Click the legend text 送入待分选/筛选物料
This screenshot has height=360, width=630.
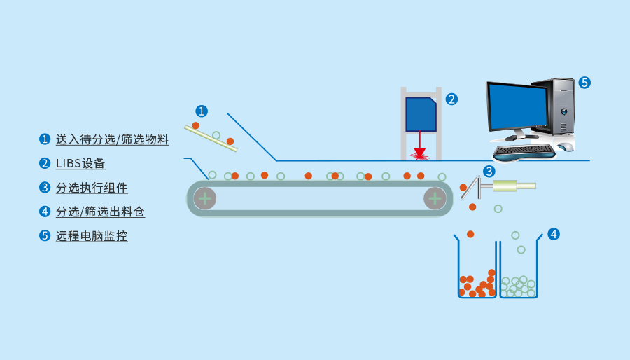click(x=112, y=139)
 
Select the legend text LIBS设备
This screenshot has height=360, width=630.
click(x=80, y=163)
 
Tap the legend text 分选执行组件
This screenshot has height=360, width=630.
click(x=92, y=188)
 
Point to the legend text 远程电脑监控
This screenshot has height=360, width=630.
click(x=92, y=236)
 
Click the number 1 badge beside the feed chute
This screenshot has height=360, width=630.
click(x=202, y=111)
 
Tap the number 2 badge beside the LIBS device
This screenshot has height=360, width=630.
click(x=451, y=99)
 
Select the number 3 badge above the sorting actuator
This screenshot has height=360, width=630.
click(x=489, y=171)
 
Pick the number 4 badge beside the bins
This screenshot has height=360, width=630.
click(x=554, y=234)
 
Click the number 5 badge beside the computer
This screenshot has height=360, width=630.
click(x=584, y=82)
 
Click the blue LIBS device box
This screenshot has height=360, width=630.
click(x=421, y=114)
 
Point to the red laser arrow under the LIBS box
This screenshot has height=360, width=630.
click(x=420, y=149)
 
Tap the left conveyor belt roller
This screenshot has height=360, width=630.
click(x=204, y=198)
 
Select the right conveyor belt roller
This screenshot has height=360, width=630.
click(x=435, y=198)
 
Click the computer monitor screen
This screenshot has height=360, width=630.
click(x=517, y=106)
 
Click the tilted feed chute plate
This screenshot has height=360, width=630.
click(x=211, y=138)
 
